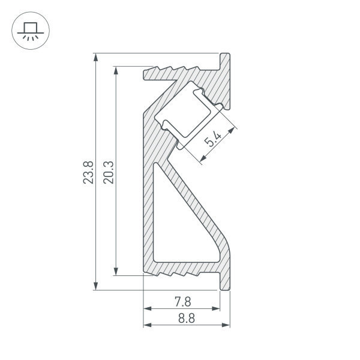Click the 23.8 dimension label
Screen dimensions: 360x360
[x=88, y=172]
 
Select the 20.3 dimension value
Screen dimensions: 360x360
[x=109, y=172]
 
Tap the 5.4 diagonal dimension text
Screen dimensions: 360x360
[x=213, y=139]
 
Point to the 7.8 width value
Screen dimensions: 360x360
[x=183, y=302]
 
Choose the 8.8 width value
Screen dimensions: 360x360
[x=187, y=318]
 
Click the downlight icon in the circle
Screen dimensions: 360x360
[x=31, y=31]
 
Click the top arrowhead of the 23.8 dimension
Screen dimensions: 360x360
[x=96, y=58]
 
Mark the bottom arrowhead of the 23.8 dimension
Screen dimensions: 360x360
[x=96, y=286]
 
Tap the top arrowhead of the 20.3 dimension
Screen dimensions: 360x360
[x=116, y=70]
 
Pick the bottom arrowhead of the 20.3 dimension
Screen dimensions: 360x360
[x=116, y=271]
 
